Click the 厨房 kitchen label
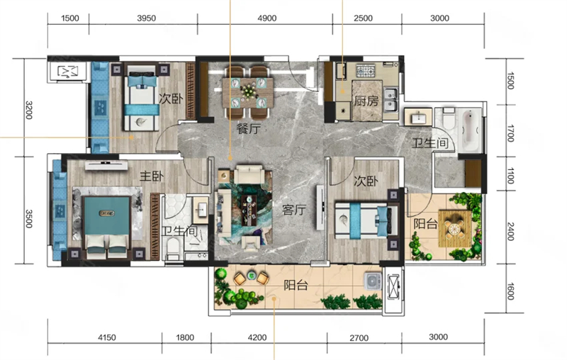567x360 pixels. pyautogui.click(x=366, y=101)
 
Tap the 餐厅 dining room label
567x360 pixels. pyautogui.click(x=249, y=128)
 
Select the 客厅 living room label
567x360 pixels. pyautogui.click(x=294, y=210)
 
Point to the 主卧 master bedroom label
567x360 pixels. pyautogui.click(x=152, y=176)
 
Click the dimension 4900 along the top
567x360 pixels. pyautogui.click(x=267, y=18)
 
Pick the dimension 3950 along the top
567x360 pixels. pyautogui.click(x=147, y=18)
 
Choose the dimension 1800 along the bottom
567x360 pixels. pyautogui.click(x=185, y=337)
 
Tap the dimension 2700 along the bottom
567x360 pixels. pyautogui.click(x=359, y=338)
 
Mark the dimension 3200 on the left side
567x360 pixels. pyautogui.click(x=29, y=111)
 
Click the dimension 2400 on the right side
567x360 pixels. pyautogui.click(x=510, y=232)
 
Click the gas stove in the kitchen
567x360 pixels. pyautogui.click(x=366, y=70)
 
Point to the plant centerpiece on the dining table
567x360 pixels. pyautogui.click(x=249, y=91)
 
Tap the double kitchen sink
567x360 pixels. pyautogui.click(x=391, y=99)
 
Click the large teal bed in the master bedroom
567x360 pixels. pyautogui.click(x=106, y=224)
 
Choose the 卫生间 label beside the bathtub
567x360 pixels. pyautogui.click(x=430, y=143)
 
